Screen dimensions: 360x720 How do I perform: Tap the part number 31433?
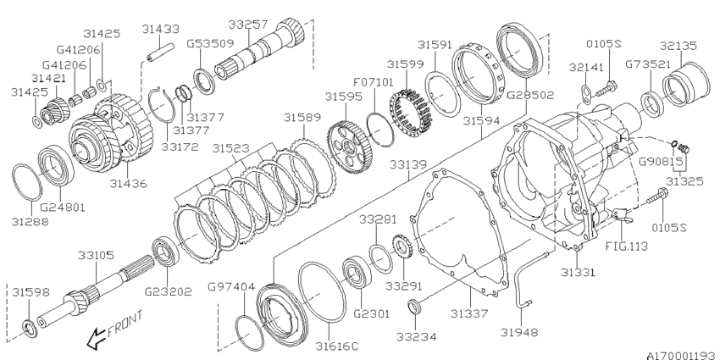pyautogui.click(x=160, y=29)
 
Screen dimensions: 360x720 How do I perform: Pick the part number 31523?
pyautogui.click(x=230, y=148)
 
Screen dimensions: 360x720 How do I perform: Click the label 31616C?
pyautogui.click(x=337, y=345)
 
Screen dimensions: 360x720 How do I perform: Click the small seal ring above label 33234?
pyautogui.click(x=413, y=305)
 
